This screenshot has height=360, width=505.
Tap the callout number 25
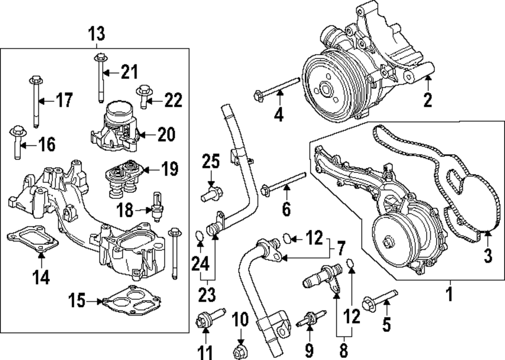pos(211,163)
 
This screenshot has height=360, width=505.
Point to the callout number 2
pos(428,100)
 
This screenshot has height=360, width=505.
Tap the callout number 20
pos(166,134)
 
